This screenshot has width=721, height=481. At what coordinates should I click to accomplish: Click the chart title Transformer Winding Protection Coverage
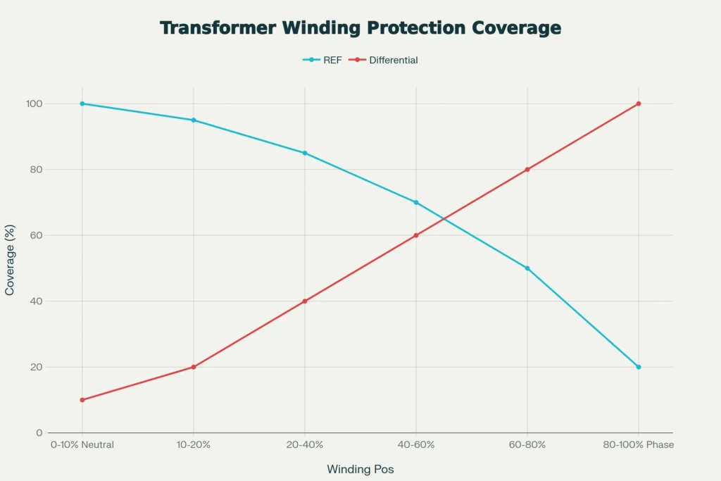[360, 28]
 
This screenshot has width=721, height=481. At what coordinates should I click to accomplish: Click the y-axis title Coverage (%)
[10, 268]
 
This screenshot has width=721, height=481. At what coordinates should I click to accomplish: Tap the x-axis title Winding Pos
[360, 469]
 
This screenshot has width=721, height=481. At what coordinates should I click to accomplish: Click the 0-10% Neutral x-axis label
[82, 445]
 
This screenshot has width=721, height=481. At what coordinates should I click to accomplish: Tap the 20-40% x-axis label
[305, 445]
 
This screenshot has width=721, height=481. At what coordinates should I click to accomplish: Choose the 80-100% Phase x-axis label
[639, 445]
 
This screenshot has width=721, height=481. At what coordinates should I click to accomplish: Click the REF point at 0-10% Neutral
[82, 104]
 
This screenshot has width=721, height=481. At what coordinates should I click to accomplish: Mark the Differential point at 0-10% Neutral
[82, 400]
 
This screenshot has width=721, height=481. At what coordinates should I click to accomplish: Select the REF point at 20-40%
[305, 153]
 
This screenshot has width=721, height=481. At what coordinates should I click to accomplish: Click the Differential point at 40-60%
[416, 235]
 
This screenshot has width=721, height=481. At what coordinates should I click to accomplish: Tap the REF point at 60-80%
[527, 268]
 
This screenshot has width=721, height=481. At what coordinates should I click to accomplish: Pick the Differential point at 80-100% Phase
[639, 104]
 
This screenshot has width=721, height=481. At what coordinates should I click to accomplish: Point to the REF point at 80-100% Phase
[639, 367]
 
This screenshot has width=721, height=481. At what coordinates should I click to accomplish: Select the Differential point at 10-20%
[194, 367]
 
